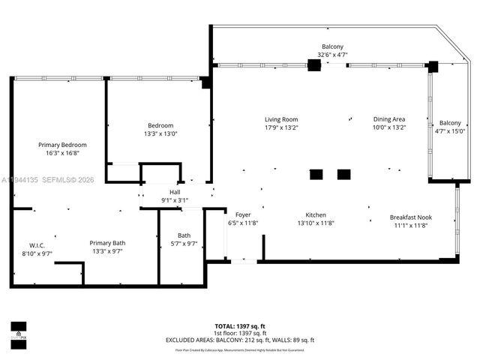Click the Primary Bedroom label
coord(62,145)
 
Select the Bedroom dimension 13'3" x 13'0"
coord(160,133)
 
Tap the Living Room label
coord(281,119)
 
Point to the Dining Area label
coord(389,119)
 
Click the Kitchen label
coord(315,214)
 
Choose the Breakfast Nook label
coord(410,217)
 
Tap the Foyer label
coord(242,214)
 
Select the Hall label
coord(175,192)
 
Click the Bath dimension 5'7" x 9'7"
coord(184,244)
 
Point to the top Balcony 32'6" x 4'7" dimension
coord(332,55)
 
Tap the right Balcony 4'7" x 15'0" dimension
coord(450,131)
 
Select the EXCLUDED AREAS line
coord(239,340)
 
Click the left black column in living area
coord(316,175)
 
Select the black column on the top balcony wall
coord(314,65)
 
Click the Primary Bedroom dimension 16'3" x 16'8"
coord(62,153)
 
